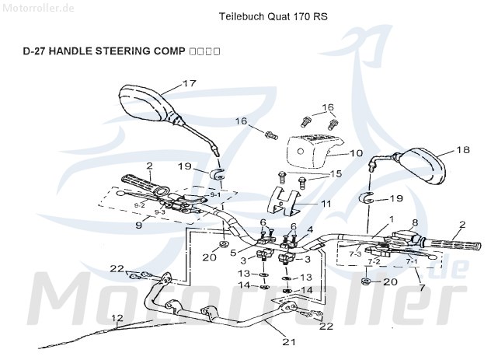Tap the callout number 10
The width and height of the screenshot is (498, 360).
(x=356, y=153)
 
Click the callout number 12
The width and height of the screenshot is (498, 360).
(x=117, y=317)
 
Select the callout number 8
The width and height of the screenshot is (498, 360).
(x=414, y=222)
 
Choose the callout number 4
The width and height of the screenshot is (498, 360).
(x=309, y=229)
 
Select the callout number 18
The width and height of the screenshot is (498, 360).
(x=462, y=150)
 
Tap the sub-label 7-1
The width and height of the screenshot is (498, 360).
(x=411, y=261)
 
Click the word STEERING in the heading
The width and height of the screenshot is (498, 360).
(x=120, y=51)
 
